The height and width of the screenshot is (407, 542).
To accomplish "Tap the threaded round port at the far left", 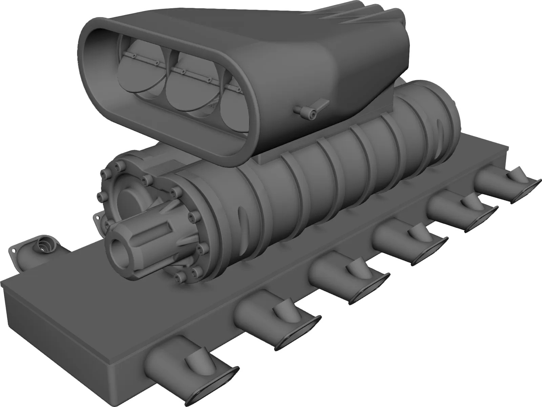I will pyautogui.click(x=44, y=244).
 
